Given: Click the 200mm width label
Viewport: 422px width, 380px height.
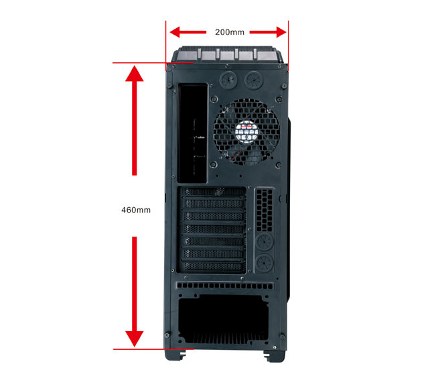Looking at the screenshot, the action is [230, 32].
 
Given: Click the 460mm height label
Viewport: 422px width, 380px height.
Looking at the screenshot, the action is [136, 210].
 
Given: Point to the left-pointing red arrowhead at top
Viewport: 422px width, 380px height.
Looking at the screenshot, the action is [175, 32].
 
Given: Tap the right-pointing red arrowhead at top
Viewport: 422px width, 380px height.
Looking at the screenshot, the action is [281, 32].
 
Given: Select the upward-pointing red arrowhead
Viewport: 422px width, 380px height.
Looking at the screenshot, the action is [134, 73].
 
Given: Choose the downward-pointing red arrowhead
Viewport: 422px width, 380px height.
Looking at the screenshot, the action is [134, 339].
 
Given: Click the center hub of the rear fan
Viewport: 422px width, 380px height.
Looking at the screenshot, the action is [247, 132].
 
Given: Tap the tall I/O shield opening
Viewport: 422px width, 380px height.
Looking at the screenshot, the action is [193, 133].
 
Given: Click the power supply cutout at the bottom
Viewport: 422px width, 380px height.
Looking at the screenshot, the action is [223, 320].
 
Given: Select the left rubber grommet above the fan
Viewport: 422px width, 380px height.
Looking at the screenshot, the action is [229, 80].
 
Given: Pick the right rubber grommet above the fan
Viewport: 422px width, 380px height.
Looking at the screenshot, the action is [254, 80].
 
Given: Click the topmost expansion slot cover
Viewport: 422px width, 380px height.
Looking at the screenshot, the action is [214, 192].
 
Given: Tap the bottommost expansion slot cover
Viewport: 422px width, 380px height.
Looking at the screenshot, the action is [214, 266].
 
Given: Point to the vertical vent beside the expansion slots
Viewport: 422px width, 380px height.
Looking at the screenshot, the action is [265, 210].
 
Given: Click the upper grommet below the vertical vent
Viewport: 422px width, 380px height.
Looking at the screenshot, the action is [265, 241].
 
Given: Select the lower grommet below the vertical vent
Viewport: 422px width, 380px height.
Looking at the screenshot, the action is [265, 263].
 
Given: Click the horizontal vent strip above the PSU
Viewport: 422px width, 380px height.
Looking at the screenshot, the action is [225, 286].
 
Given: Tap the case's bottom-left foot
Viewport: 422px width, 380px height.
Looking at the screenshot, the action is [175, 355].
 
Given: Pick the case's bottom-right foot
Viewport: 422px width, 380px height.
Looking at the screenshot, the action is [274, 356].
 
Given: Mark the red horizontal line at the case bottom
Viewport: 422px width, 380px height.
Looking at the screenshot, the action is [153, 349].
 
